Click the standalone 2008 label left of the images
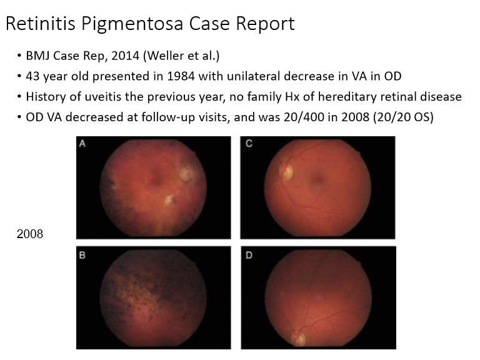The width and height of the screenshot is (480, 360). pos(29,235)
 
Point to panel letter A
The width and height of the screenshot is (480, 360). pos(82,144)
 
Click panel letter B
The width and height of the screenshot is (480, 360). pos(82,254)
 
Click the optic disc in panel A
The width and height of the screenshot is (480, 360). pos(187,172)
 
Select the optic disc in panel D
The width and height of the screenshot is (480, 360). pos(298,339)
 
